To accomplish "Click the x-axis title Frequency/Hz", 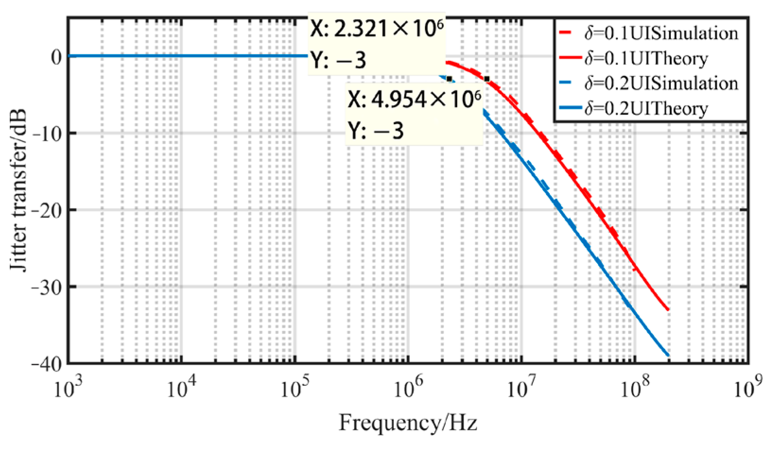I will pyautogui.click(x=408, y=423).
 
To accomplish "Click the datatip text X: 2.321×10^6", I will pyautogui.click(x=377, y=29).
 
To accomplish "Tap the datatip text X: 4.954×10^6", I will pyautogui.click(x=414, y=100).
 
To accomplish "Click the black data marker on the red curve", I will pyautogui.click(x=487, y=79).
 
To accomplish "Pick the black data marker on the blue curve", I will pyautogui.click(x=449, y=79).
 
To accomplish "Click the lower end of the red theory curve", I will pyautogui.click(x=668, y=310).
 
